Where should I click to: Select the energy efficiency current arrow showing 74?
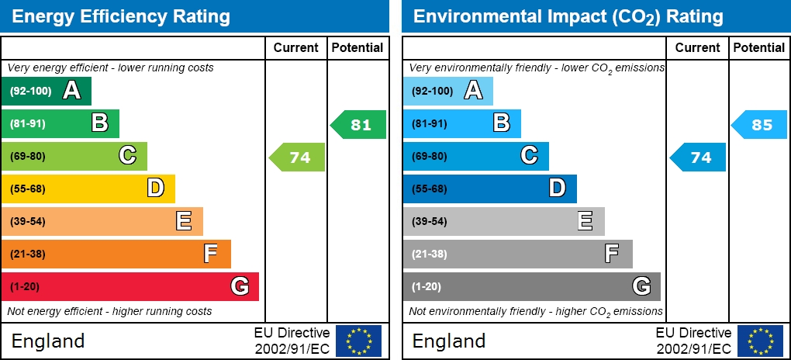pyautogui.click(x=298, y=157)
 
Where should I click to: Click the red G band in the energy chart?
pyautogui.click(x=130, y=286)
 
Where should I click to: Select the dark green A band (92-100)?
pyautogui.click(x=47, y=91)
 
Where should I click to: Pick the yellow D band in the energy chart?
pyautogui.click(x=88, y=189)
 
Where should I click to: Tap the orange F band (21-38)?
pyautogui.click(x=116, y=254)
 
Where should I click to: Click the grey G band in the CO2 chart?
pyautogui.click(x=531, y=286)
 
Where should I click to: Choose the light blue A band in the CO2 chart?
pyautogui.click(x=447, y=91)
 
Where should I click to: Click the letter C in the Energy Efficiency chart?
pyautogui.click(x=128, y=156)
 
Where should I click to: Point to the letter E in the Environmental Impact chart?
pyautogui.click(x=585, y=221)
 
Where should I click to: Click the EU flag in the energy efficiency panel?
pyautogui.click(x=358, y=341)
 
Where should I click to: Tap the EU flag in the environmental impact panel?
pyautogui.click(x=760, y=341)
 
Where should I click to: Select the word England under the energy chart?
pyautogui.click(x=48, y=341)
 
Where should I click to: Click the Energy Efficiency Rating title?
pyautogui.click(x=121, y=16)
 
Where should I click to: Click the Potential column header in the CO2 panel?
pyautogui.click(x=759, y=48)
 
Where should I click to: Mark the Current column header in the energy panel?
pyautogui.click(x=296, y=48)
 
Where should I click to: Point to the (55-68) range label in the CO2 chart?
pyautogui.click(x=429, y=189)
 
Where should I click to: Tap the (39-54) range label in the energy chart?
pyautogui.click(x=28, y=221)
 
